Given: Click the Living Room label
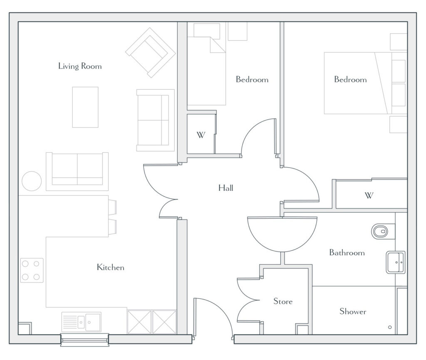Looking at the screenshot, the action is pyautogui.click(x=80, y=66).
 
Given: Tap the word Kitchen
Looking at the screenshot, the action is pyautogui.click(x=111, y=267).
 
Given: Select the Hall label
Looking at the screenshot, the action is pyautogui.click(x=226, y=188).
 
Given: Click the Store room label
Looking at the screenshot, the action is pyautogui.click(x=283, y=301).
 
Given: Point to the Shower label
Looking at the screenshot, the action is pyautogui.click(x=353, y=311).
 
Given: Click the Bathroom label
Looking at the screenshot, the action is pyautogui.click(x=347, y=253).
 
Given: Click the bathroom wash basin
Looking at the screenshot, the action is pyautogui.click(x=396, y=262).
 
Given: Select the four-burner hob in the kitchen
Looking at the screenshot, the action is pyautogui.click(x=32, y=270).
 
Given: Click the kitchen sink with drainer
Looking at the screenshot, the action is pyautogui.click(x=82, y=322).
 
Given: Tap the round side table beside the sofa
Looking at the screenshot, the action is pyautogui.click(x=32, y=181).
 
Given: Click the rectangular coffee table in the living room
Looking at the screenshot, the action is pyautogui.click(x=85, y=107).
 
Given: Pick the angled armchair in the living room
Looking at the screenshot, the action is pyautogui.click(x=150, y=53).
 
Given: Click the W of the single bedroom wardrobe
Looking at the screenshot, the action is pyautogui.click(x=201, y=135).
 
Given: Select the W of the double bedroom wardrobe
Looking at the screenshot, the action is pyautogui.click(x=369, y=195).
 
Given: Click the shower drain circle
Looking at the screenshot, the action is pyautogui.click(x=390, y=327).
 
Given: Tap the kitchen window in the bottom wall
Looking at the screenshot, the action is pyautogui.click(x=85, y=340).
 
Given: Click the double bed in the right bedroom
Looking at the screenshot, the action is pyautogui.click(x=365, y=83).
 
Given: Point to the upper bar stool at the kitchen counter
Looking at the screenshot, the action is pyautogui.click(x=112, y=207).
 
